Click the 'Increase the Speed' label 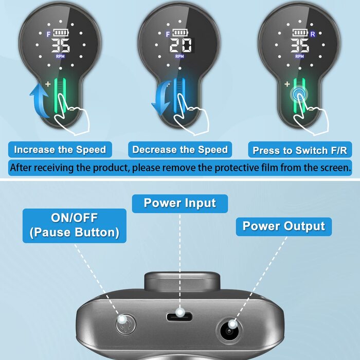click(60, 150)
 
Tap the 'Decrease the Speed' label click(179, 150)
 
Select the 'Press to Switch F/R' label click(300, 150)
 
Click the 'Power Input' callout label click(180, 203)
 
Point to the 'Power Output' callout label click(283, 226)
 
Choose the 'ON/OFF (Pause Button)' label click(75, 225)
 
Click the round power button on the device click(122, 324)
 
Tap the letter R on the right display click(312, 33)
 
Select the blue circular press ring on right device click(298, 94)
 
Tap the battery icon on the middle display click(179, 33)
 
